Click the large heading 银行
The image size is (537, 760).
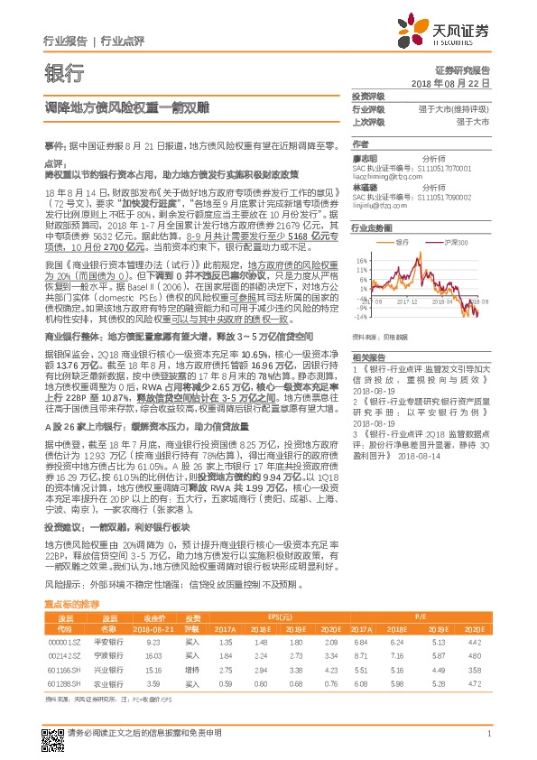(64, 72)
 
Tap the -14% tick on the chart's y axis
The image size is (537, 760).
(358, 316)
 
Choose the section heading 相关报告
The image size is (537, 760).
(368, 357)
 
